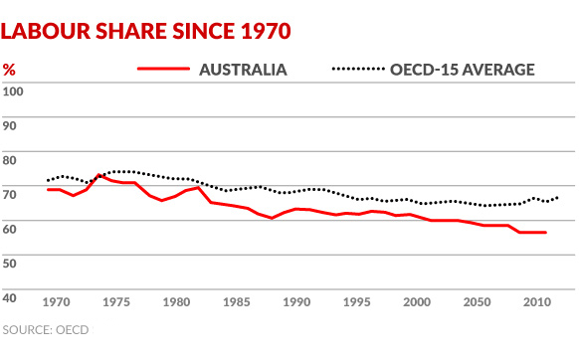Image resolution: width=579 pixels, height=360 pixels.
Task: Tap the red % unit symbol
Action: coord(9,70)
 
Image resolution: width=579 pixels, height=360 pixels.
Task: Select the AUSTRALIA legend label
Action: coord(244,70)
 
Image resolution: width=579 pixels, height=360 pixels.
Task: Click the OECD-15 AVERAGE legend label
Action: coord(463,70)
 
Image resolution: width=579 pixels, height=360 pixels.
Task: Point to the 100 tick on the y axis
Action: coord(13,91)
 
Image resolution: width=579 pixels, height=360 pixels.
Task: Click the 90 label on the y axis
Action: coord(11,126)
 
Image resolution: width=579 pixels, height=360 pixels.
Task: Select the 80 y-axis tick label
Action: coord(11,160)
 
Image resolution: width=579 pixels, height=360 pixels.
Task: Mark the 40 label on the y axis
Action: coord(11,297)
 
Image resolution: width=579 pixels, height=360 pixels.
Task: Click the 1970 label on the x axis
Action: coord(57,301)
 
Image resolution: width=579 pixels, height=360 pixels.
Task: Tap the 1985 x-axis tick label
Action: coord(237,301)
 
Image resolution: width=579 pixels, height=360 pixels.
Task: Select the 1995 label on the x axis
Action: coord(357,301)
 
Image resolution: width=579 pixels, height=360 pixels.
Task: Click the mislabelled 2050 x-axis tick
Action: coord(478,301)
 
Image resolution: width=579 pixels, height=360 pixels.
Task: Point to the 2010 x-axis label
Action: coord(537,301)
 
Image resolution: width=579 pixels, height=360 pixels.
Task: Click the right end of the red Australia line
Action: coord(545,233)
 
